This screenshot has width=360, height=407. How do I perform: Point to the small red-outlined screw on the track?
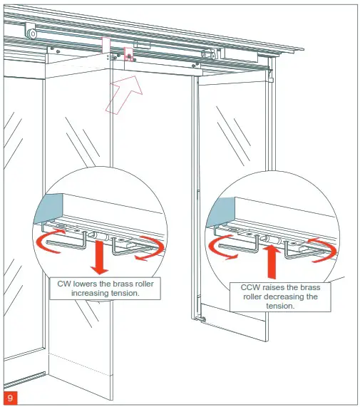129,55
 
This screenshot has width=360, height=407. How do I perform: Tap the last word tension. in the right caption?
280,306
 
